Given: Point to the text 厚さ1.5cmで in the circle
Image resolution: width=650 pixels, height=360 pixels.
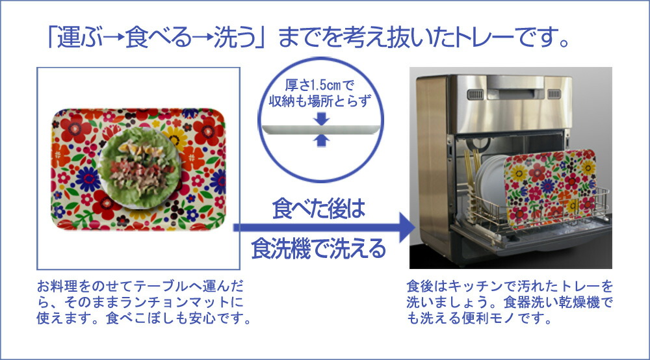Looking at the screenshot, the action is click(x=320, y=85).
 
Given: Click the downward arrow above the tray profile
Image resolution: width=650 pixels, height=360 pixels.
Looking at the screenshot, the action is click(x=321, y=119).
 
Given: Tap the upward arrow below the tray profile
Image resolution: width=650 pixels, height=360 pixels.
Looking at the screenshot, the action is click(x=321, y=140).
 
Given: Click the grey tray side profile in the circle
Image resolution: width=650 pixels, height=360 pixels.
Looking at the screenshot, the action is click(x=320, y=130).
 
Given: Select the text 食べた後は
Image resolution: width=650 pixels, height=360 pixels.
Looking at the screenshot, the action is click(x=318, y=209).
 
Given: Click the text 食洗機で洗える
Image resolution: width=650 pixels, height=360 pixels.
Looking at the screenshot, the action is click(x=318, y=249).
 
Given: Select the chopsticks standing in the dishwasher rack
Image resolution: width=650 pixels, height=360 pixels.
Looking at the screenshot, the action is click(x=472, y=174).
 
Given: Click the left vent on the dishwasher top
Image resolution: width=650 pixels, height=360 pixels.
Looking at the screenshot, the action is click(x=475, y=94).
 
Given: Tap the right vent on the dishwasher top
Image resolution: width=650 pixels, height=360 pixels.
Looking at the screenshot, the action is click(x=554, y=94).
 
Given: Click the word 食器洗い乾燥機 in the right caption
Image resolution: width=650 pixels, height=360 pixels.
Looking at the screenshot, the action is click(x=551, y=302).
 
